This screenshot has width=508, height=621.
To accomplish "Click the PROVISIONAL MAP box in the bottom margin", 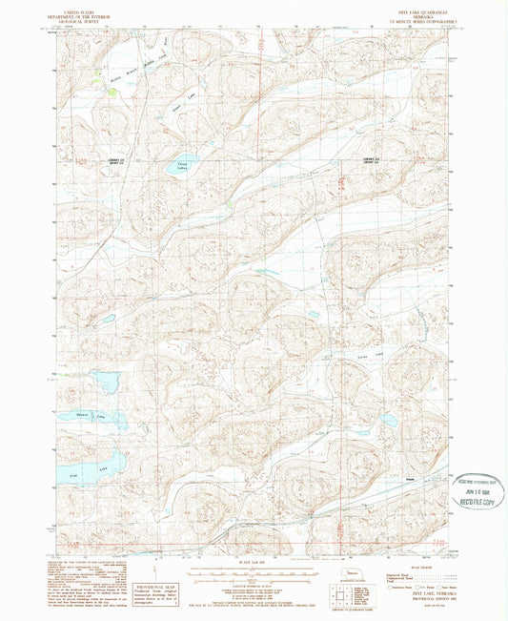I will (153, 594).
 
